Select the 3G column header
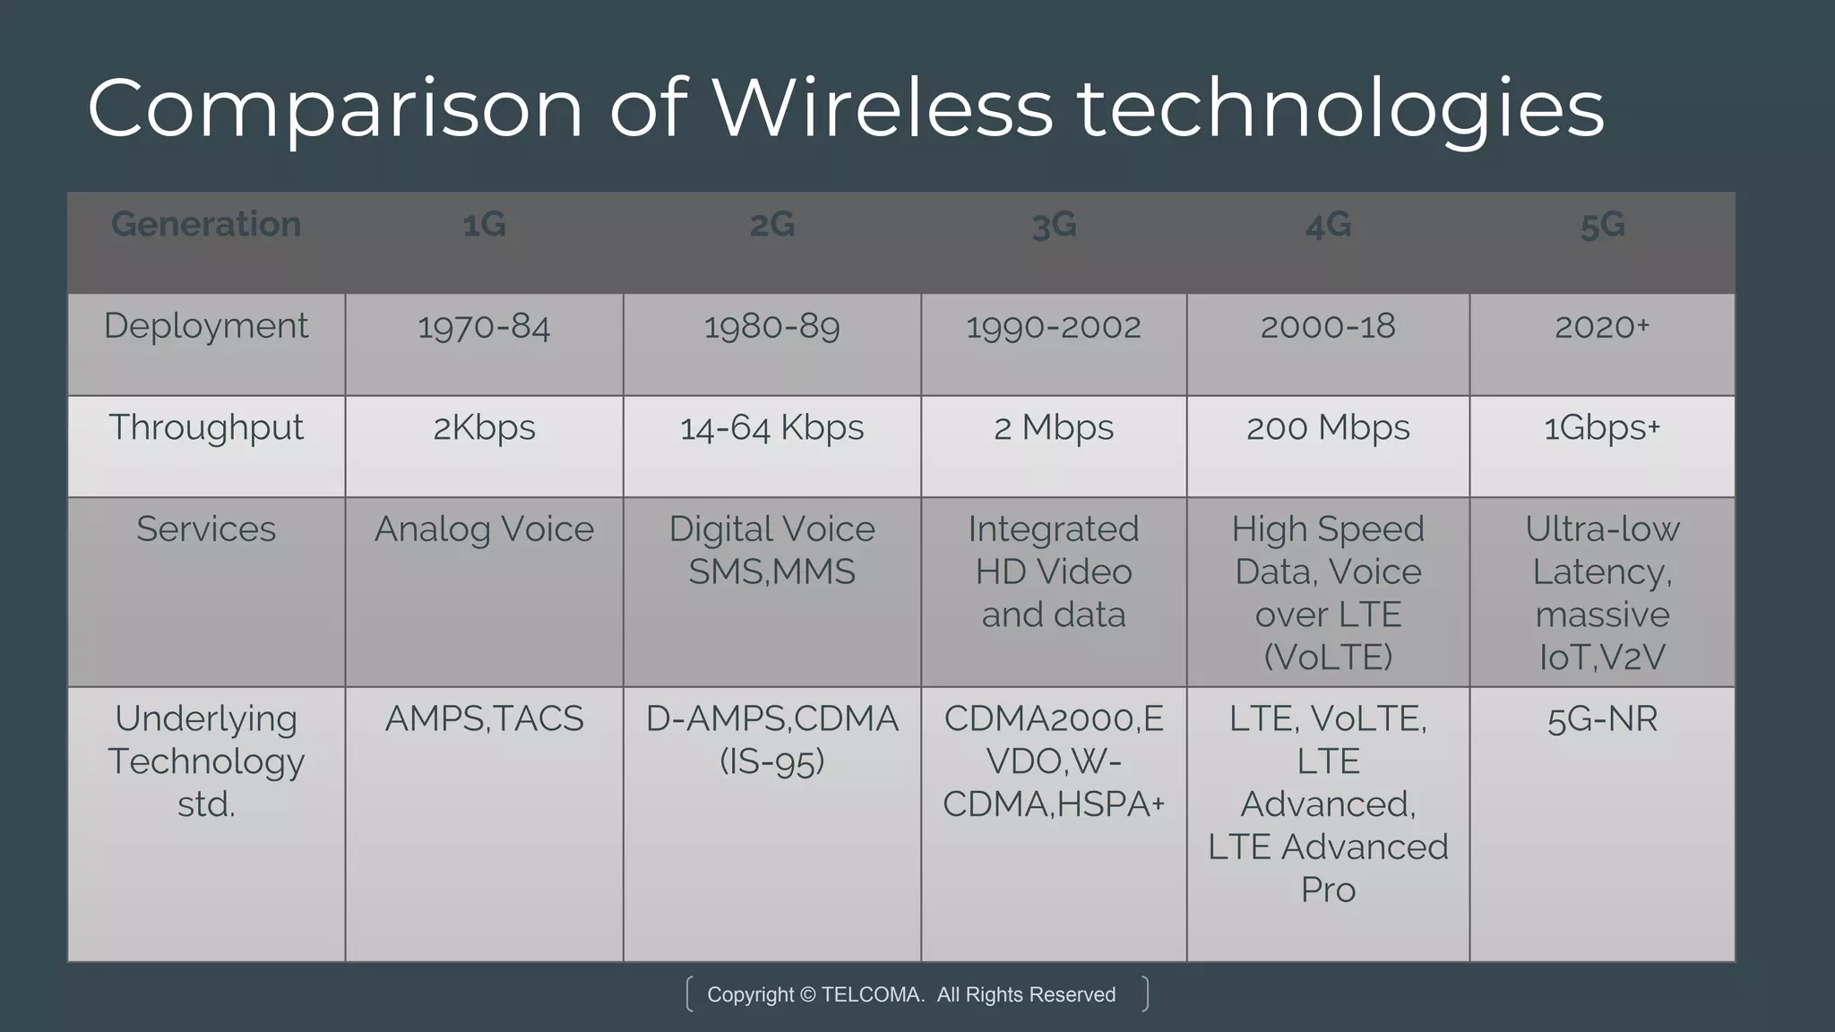point(1054,225)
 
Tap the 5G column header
point(1602,225)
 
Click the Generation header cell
point(206,224)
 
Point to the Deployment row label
point(206,326)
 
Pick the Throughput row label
point(206,428)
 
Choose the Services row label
point(206,529)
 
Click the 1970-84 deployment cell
point(484,327)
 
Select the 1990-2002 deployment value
point(1054,327)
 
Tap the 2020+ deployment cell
point(1602,327)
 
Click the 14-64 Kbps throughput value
point(771,428)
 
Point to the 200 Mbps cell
point(1328,428)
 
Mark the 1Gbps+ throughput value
point(1602,428)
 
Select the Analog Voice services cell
point(484,529)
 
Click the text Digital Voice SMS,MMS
point(771,550)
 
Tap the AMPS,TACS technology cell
point(484,719)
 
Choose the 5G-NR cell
point(1602,719)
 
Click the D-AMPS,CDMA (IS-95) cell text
point(771,740)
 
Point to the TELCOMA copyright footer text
point(911,994)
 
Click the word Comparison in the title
point(335,109)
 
